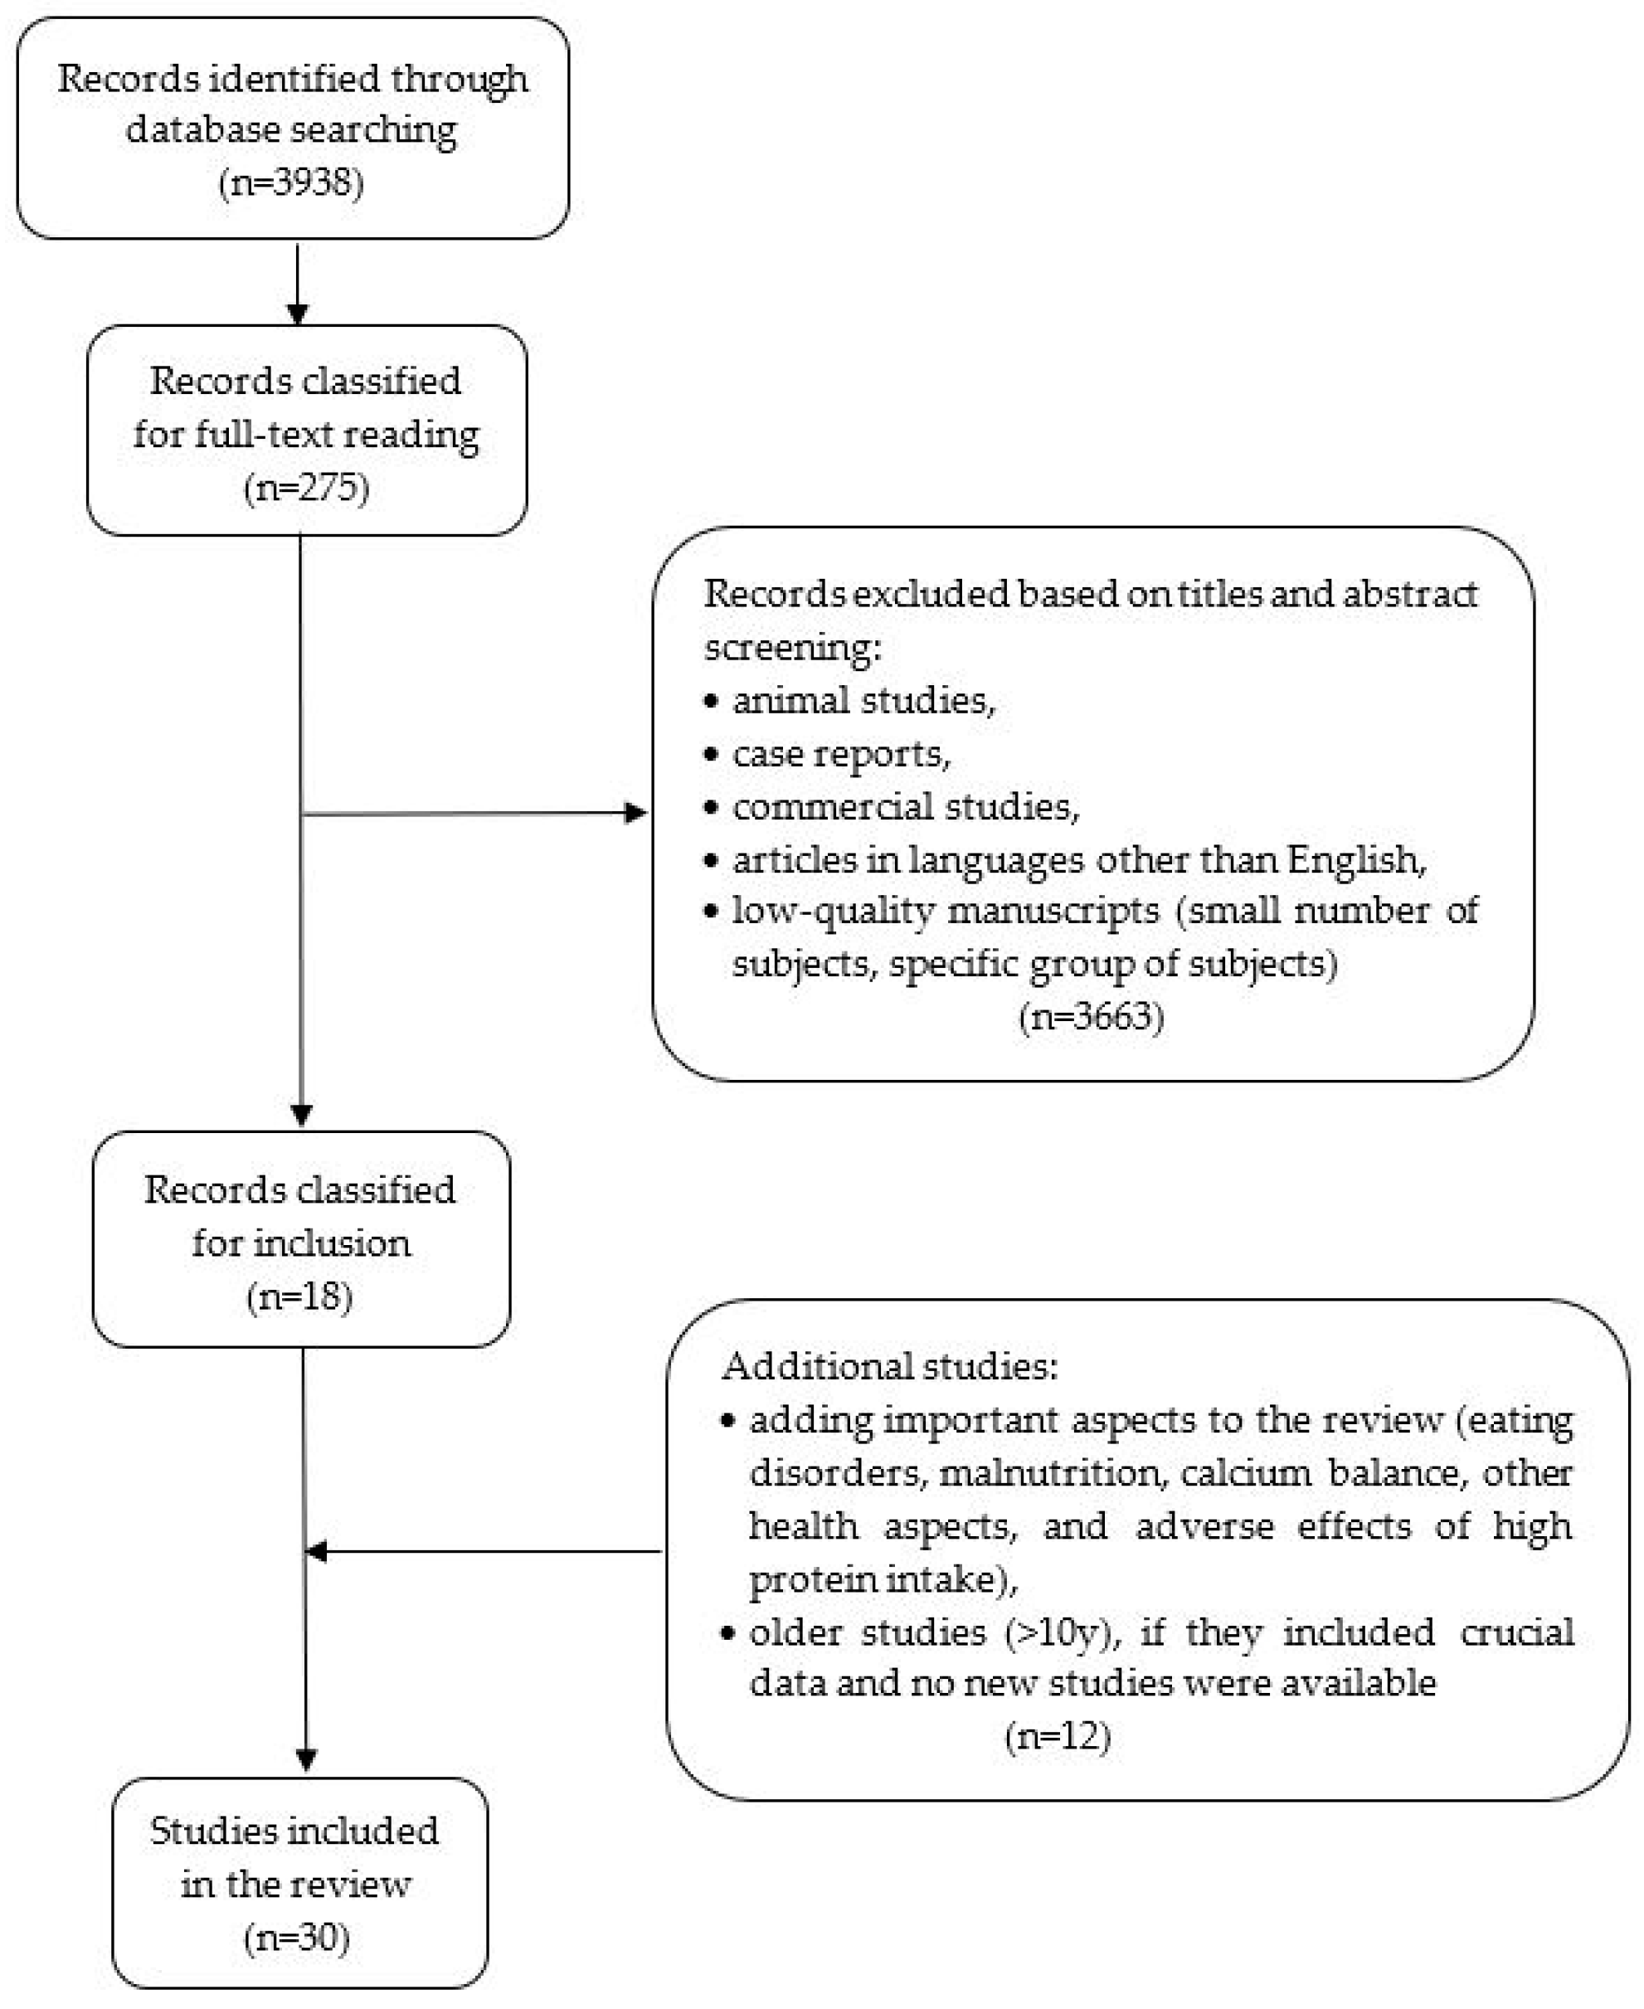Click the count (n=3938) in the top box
coord(291,182)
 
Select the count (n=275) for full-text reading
coord(306,488)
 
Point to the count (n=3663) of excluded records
coord(1091,1016)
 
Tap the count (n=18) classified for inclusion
coord(299,1296)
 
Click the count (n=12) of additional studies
coord(1057,1736)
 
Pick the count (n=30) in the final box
coord(296,1937)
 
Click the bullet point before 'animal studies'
coord(713,702)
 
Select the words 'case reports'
coord(839,754)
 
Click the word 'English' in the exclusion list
coord(1355,860)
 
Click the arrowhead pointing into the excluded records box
coord(635,813)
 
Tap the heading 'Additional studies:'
coord(889,1366)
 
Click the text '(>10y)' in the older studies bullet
coord(1061,1632)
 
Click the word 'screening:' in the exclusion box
coord(791,648)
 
